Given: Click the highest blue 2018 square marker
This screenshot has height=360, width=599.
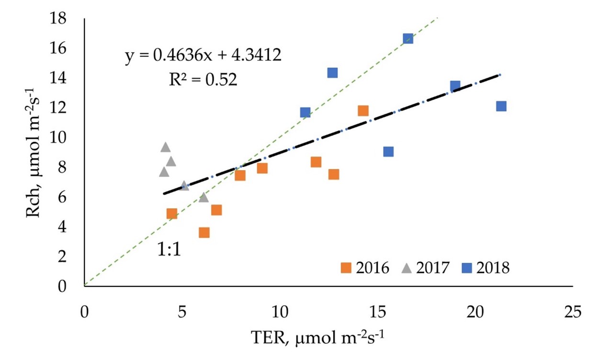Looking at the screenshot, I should point(408,39).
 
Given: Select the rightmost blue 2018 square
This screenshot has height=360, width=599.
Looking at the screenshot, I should point(501,106).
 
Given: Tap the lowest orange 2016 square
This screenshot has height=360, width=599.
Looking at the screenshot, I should point(204,232).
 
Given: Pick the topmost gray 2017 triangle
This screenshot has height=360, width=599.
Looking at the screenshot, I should point(166,147).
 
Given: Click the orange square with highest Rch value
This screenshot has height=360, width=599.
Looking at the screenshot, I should point(363,111).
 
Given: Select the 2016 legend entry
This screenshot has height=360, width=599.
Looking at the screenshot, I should point(365,267).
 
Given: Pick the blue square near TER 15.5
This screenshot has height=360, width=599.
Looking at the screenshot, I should point(388,152).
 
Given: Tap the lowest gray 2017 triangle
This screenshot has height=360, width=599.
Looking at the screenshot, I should point(204,197).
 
